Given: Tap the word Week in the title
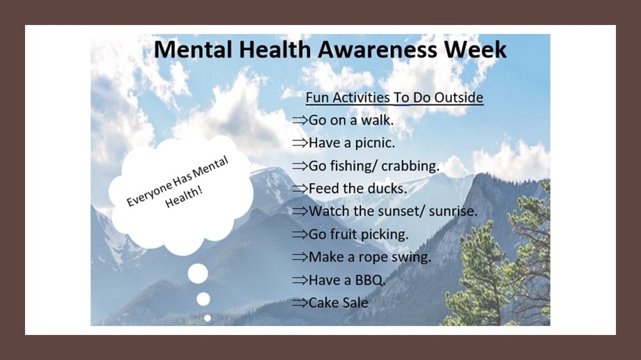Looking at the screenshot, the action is pyautogui.click(x=476, y=49).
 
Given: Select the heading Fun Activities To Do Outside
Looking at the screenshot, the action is pyautogui.click(x=394, y=97).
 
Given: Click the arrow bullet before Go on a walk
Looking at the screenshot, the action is pyautogui.click(x=300, y=120).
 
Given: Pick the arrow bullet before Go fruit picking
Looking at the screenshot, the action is pyautogui.click(x=300, y=235).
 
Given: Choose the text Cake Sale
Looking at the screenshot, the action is pyautogui.click(x=339, y=303).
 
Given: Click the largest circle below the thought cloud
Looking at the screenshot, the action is pyautogui.click(x=198, y=274).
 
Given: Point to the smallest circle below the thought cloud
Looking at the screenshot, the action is pyautogui.click(x=207, y=318).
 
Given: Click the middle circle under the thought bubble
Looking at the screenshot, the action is pyautogui.click(x=203, y=299).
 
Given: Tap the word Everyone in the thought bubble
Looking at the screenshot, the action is pyautogui.click(x=149, y=194).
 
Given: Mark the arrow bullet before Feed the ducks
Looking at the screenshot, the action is pyautogui.click(x=300, y=189).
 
